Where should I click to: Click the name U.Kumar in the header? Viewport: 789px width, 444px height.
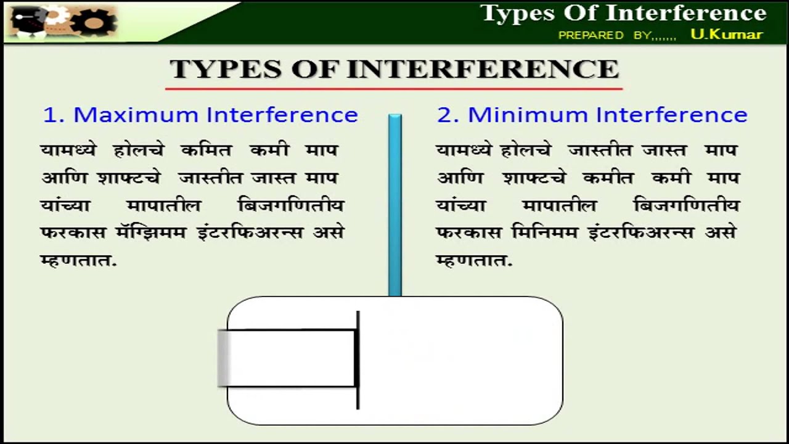726,34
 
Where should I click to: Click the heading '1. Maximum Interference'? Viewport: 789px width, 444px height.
200,115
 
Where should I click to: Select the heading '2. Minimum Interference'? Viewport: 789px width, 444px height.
592,115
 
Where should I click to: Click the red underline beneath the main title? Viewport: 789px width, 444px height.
394,89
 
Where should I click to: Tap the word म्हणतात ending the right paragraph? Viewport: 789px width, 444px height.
473,260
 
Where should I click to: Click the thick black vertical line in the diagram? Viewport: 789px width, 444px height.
358,360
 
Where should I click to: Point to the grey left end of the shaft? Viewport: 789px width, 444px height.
224,358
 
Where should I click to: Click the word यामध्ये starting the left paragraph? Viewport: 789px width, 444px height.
68,150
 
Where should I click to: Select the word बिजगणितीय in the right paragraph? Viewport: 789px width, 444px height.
686,205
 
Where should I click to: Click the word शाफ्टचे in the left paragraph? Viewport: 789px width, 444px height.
129,178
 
